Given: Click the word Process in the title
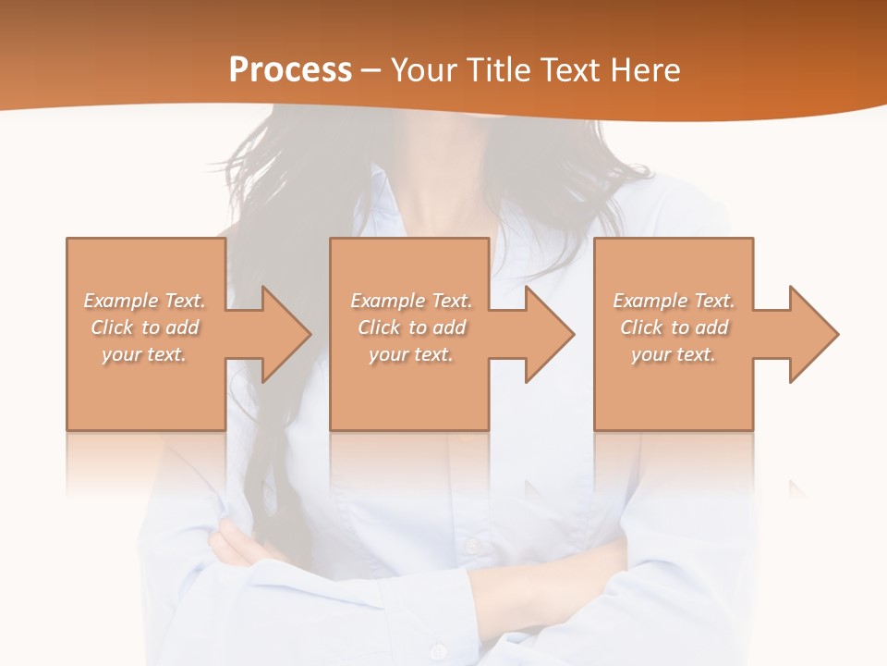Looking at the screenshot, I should pos(290,69).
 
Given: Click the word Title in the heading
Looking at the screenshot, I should pos(498,69).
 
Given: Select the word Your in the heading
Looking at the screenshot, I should pos(425,69).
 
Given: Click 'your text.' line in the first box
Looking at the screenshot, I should pos(144,354).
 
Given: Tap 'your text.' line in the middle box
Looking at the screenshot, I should pos(410,354).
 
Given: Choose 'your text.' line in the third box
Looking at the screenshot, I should pos(673,354).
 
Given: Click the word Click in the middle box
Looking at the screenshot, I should pos(378,327).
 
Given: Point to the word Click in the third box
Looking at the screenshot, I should pos(641,327).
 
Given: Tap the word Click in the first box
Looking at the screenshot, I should pos(112,327).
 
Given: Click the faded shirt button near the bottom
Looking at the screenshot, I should pos(473,546).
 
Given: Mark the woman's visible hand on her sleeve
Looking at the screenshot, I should pos(231,546).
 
